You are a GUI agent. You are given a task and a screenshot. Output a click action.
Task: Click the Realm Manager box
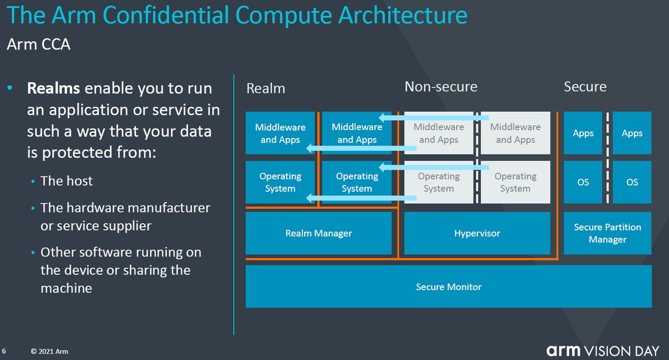pyautogui.click(x=318, y=233)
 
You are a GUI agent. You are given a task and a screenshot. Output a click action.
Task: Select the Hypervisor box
pyautogui.click(x=477, y=233)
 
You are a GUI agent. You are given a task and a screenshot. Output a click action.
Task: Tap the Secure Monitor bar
pyautogui.click(x=448, y=286)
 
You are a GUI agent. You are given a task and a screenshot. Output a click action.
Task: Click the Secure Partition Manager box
pyautogui.click(x=607, y=233)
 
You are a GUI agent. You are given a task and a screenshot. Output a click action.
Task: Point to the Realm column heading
pyautogui.click(x=266, y=88)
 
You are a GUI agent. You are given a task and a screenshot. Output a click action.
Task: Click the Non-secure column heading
pyautogui.click(x=441, y=87)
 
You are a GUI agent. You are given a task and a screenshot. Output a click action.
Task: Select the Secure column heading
pyautogui.click(x=585, y=87)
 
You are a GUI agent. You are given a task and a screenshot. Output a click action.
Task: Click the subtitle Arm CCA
pyautogui.click(x=38, y=44)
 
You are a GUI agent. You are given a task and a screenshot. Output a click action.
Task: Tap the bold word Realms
pyautogui.click(x=53, y=88)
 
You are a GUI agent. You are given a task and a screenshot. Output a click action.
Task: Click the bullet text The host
pyautogui.click(x=66, y=181)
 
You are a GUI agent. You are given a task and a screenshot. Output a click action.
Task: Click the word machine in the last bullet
pyautogui.click(x=66, y=288)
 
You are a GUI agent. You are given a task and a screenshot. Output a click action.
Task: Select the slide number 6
pyautogui.click(x=4, y=351)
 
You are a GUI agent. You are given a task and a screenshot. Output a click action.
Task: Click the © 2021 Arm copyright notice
pyautogui.click(x=49, y=351)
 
